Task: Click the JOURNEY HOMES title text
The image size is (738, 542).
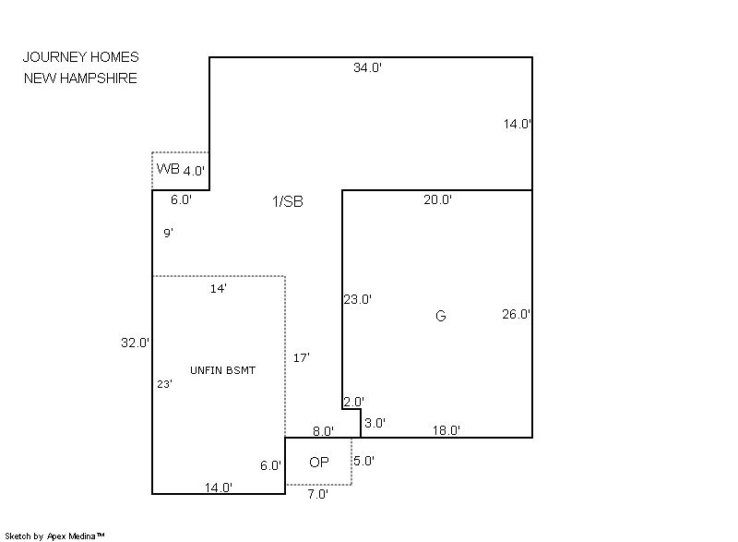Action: pos(81,57)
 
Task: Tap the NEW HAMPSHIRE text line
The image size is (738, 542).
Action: pos(80,78)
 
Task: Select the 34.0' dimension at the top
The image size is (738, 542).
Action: pos(367,67)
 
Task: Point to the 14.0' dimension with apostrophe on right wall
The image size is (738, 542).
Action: pos(517,124)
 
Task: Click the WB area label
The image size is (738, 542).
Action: pos(168,168)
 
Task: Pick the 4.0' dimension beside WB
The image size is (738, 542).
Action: pos(194,171)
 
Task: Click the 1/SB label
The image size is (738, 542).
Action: pos(287,201)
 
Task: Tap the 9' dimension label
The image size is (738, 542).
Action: pos(169,234)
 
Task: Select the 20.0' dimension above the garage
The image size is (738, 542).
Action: pos(437,199)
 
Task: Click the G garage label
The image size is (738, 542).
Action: pos(440,317)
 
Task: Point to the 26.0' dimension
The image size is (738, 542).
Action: pos(516,314)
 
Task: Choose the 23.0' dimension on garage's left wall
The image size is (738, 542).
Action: pos(357,299)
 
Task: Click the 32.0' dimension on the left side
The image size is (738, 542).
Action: pos(136,343)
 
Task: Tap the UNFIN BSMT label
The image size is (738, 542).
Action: pos(222,370)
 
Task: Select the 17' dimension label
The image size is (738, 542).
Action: pos(301,357)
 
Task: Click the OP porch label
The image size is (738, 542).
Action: pos(319,462)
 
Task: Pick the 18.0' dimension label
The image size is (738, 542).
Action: pos(446,429)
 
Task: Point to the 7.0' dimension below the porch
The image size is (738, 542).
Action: pos(316,494)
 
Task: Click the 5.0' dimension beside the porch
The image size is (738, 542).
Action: pos(363,461)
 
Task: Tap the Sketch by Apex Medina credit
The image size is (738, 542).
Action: pos(54,536)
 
